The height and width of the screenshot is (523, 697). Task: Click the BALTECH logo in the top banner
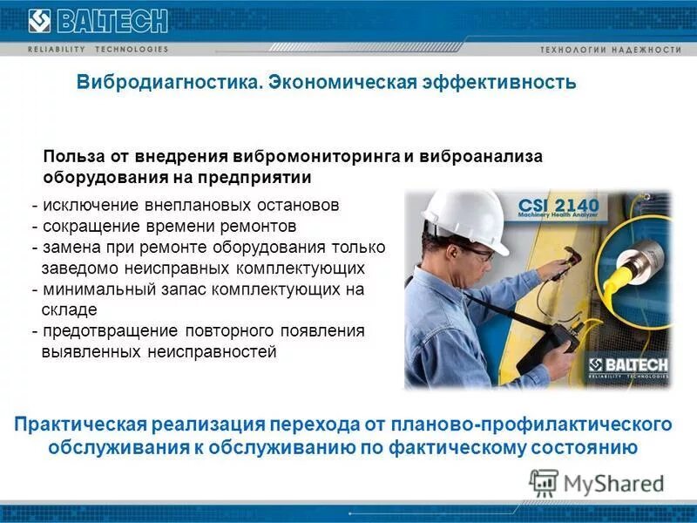click(87, 21)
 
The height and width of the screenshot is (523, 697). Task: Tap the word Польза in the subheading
click(73, 157)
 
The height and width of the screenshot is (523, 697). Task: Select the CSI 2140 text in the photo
click(558, 206)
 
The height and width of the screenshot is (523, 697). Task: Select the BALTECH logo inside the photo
click(627, 367)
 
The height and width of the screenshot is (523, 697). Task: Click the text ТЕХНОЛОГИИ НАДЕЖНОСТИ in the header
click(610, 50)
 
